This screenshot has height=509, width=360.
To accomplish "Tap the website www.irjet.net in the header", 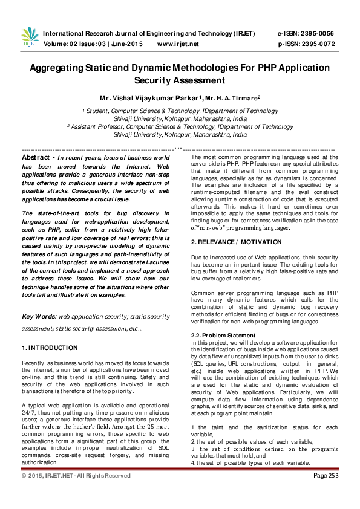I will click(x=178, y=44).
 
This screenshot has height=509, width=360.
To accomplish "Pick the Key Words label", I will click(x=38, y=316).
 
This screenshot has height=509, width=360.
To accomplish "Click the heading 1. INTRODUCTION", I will click(x=49, y=348).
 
